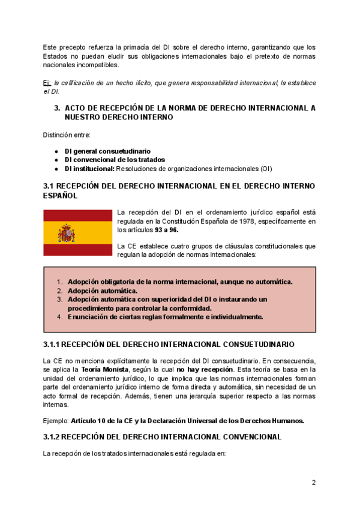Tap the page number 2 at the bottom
click(313, 483)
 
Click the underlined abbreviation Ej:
click(47, 83)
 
